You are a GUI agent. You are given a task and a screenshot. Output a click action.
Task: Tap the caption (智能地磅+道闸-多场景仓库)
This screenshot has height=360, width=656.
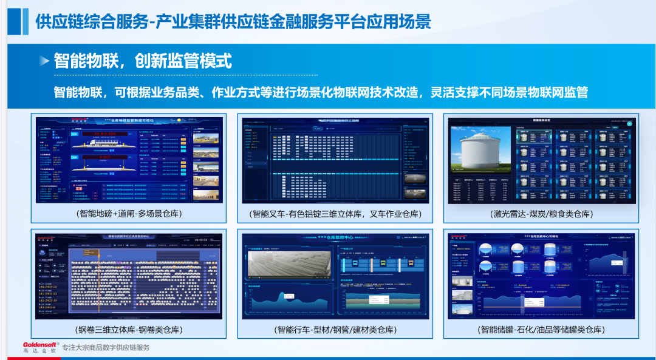click(x=129, y=214)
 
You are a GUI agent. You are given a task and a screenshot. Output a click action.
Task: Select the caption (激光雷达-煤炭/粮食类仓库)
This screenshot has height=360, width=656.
click(x=541, y=214)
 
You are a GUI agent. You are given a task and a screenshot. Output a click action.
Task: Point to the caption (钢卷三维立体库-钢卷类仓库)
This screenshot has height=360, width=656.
click(x=129, y=330)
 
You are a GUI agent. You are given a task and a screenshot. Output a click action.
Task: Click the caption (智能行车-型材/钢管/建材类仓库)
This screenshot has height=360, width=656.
click(x=335, y=330)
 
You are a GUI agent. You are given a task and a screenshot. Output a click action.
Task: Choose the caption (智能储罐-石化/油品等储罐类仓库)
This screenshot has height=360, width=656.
click(x=541, y=330)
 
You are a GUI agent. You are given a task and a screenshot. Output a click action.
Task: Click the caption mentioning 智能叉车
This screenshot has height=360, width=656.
click(x=335, y=214)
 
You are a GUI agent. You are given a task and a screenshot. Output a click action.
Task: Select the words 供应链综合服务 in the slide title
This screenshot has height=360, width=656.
click(x=91, y=22)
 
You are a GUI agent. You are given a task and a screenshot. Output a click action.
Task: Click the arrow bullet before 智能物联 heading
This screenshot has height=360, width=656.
click(x=44, y=61)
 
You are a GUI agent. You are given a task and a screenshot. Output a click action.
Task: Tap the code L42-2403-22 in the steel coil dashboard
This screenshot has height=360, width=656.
click(x=48, y=294)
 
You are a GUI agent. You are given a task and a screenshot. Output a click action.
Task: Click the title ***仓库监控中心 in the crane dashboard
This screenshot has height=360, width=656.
click(x=335, y=239)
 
